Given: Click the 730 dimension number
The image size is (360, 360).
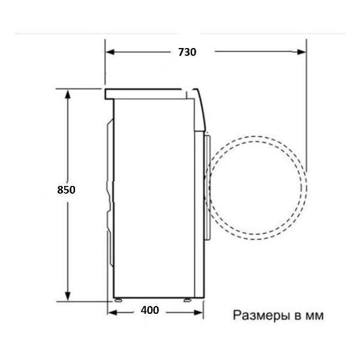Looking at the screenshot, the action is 187,52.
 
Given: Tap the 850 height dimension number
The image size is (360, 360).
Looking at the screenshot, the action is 66,190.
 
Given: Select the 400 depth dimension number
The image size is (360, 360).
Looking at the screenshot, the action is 149,310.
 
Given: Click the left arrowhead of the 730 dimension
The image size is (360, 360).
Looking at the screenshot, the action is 110,52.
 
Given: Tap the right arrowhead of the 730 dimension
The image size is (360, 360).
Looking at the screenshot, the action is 301,52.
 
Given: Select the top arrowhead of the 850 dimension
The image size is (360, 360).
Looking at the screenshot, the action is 67,94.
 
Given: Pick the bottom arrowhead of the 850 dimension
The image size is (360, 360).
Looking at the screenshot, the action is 67,296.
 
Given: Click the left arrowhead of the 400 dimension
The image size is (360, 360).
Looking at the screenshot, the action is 112,313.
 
